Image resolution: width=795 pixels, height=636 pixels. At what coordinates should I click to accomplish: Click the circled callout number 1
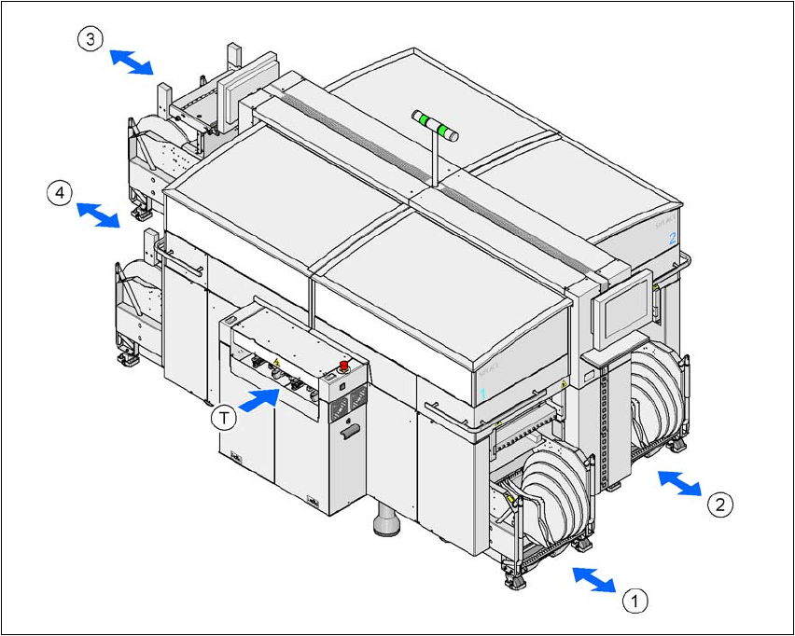pos(635,600)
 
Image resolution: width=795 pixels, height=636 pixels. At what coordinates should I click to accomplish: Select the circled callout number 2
pos(719,505)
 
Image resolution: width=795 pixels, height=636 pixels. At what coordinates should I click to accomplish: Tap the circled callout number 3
pos(90,40)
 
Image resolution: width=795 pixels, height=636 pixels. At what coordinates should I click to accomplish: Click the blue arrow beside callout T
pos(260,399)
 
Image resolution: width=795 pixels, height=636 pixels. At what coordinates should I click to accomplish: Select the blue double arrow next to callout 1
pos(593,578)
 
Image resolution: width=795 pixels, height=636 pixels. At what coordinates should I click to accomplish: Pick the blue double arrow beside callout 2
pos(679,483)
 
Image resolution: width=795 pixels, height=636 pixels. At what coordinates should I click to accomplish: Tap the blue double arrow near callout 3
pos(132,62)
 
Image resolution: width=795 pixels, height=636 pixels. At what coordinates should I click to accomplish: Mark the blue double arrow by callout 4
pos(98,214)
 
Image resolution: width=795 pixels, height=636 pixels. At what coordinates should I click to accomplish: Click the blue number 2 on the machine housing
pos(672,238)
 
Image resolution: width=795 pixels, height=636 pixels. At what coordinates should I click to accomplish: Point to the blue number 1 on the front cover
pos(483,394)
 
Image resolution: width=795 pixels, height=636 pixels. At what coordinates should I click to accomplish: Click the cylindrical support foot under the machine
pos(386,521)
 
